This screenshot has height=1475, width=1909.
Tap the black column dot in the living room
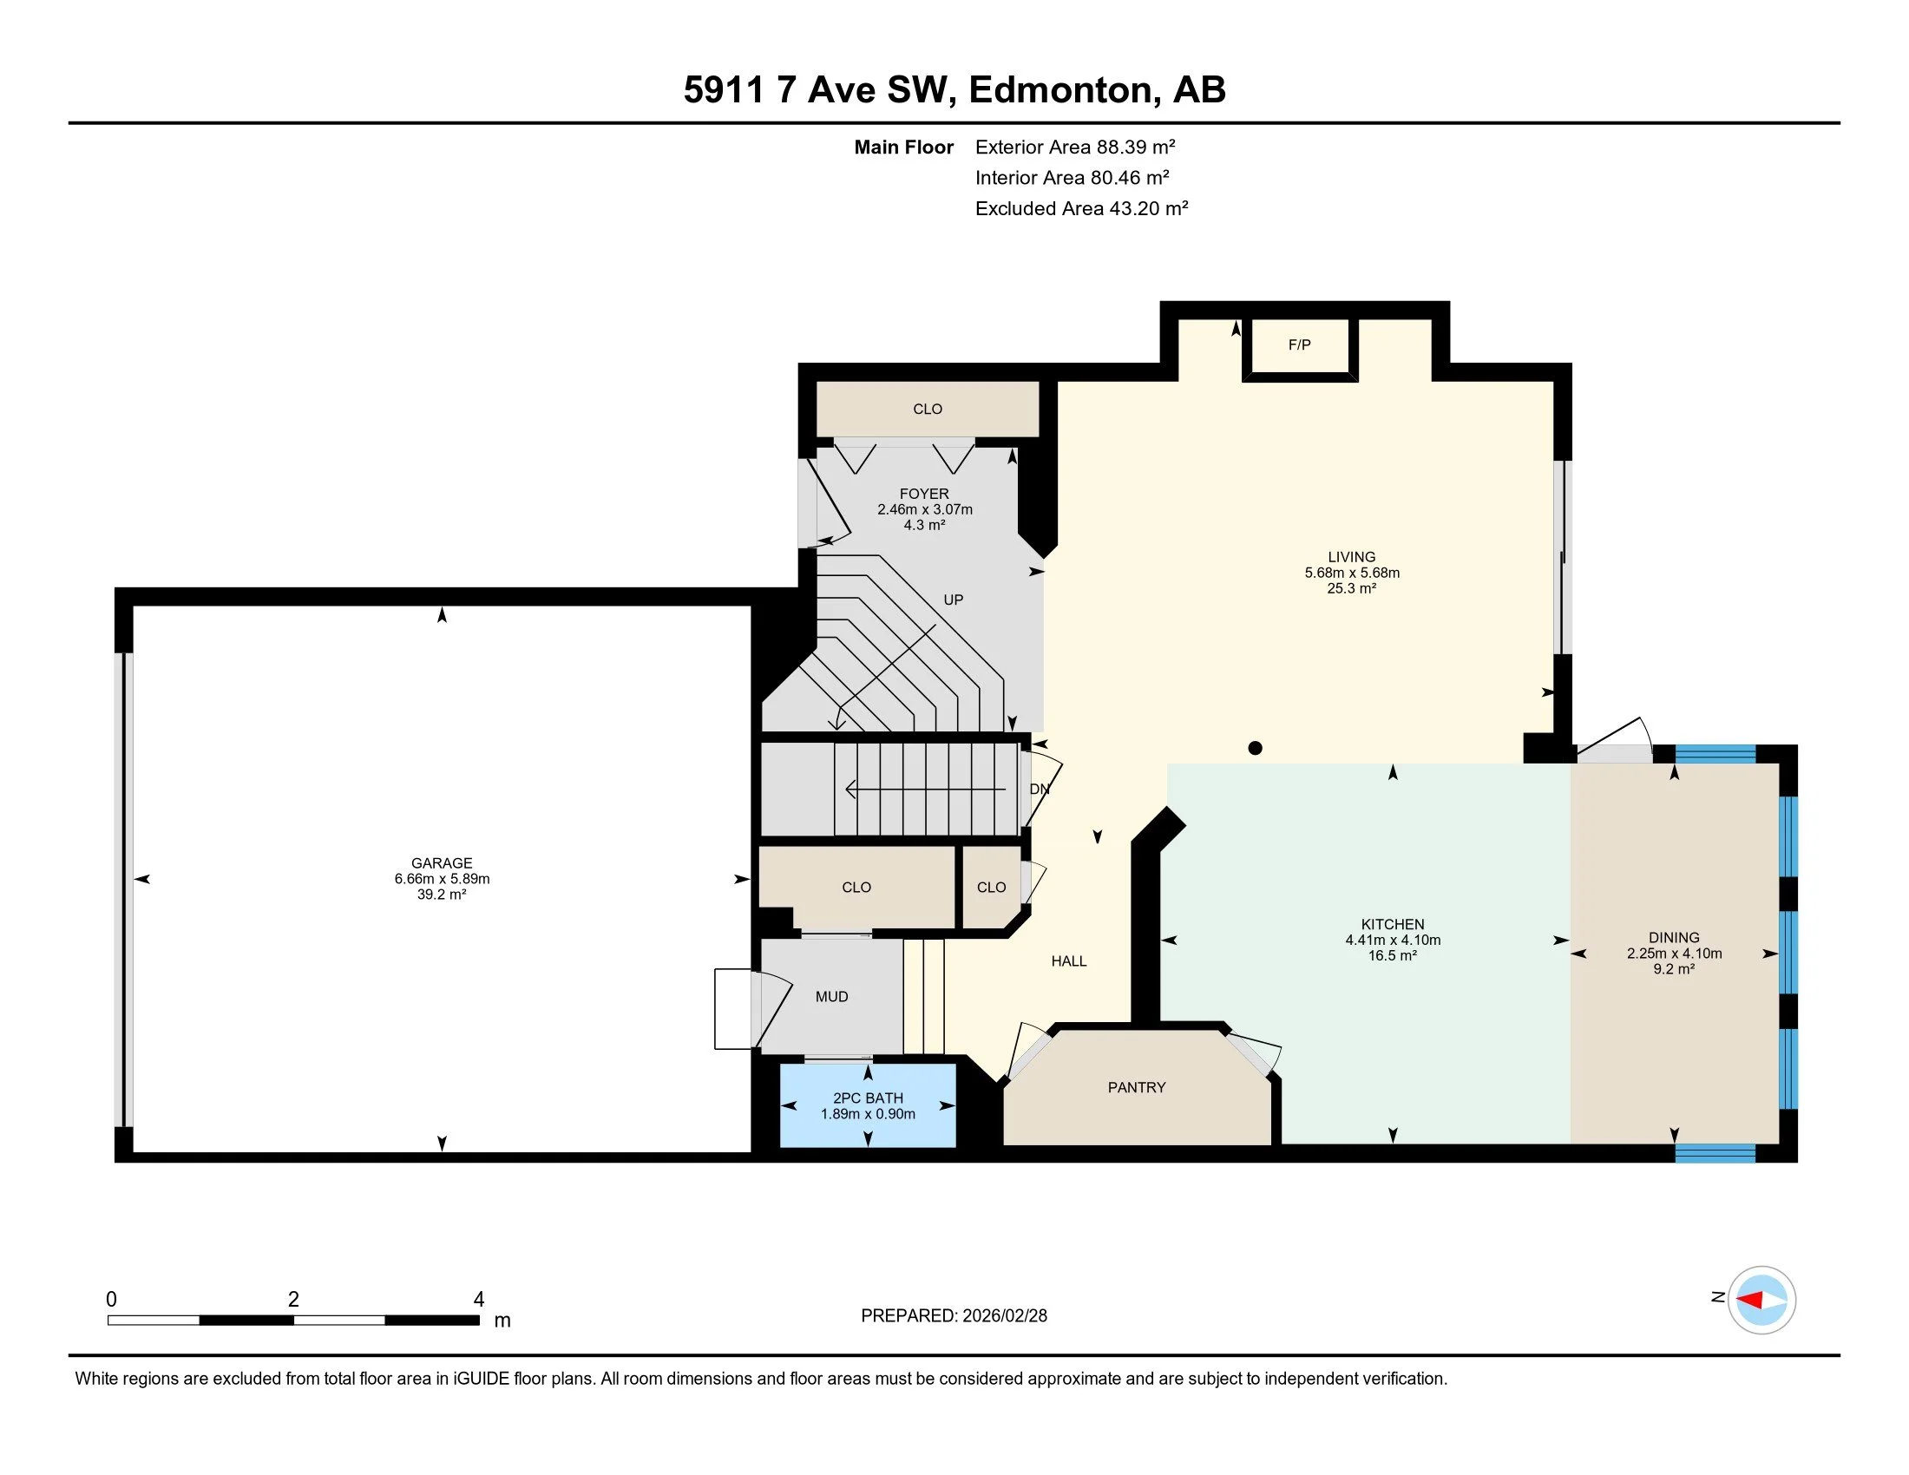tap(1256, 748)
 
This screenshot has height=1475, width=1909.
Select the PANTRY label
tap(1137, 1088)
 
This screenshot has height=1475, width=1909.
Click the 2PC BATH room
tap(868, 1105)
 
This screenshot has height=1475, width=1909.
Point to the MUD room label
tap(831, 997)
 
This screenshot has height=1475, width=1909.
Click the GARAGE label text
tap(442, 863)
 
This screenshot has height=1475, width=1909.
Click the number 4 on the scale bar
tap(478, 1300)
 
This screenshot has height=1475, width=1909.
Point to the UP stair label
tap(953, 600)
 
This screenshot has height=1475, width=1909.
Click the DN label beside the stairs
tap(1040, 789)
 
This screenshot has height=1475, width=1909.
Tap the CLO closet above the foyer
tap(928, 409)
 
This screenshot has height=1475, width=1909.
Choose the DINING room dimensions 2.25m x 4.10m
tap(1674, 954)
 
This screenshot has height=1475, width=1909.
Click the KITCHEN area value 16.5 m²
tap(1393, 956)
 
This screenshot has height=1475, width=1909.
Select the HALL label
tap(1068, 961)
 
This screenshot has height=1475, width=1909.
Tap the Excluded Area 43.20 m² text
tap(1081, 208)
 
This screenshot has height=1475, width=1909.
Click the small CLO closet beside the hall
tap(991, 888)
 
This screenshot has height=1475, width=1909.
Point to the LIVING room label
tap(1351, 558)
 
